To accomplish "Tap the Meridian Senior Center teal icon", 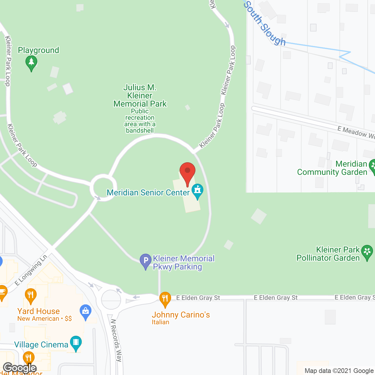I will point(197,191).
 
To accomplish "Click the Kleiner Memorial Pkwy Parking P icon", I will point(146,261).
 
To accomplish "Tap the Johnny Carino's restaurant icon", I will point(165,299).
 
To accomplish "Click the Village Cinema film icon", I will point(76,343).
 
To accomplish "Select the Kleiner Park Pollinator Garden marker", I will point(367,253).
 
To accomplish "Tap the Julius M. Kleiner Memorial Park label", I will point(140,96).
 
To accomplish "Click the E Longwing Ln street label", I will point(31,270).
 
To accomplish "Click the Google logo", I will point(20,368).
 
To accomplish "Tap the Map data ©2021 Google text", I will point(339,371).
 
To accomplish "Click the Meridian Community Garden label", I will point(332,168).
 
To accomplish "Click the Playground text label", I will point(38,50).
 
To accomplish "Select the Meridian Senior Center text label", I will point(148,192).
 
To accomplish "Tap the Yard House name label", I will point(38,311).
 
